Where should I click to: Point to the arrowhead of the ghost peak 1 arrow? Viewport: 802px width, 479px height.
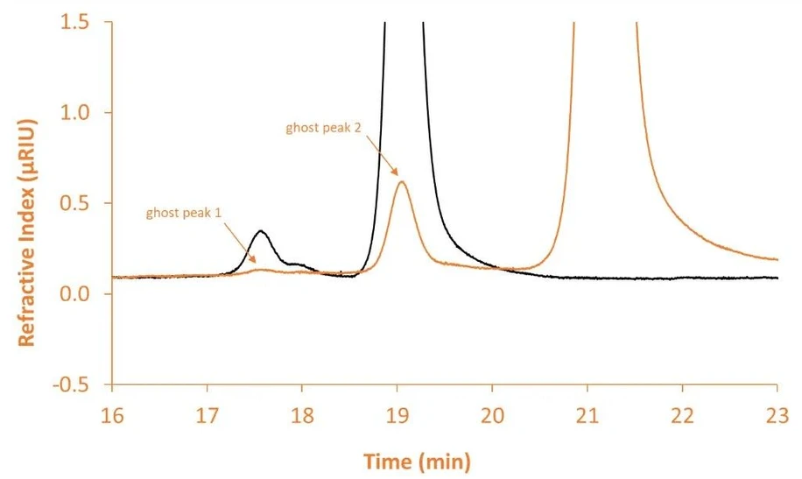click(x=256, y=262)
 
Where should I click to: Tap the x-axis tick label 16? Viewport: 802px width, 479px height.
click(x=112, y=416)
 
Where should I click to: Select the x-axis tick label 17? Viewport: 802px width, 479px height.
click(x=208, y=416)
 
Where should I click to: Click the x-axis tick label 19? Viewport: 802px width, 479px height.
click(x=397, y=416)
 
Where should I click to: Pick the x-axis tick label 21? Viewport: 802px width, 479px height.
click(x=587, y=416)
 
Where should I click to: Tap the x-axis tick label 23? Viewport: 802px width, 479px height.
click(x=777, y=416)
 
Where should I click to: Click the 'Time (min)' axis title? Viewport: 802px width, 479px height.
click(x=417, y=459)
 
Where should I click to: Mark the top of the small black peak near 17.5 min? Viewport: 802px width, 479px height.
click(x=261, y=231)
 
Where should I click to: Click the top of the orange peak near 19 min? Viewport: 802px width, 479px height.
click(x=401, y=181)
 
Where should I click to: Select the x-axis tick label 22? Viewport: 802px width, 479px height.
click(x=682, y=416)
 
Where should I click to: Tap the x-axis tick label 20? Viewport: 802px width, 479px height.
click(x=492, y=416)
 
